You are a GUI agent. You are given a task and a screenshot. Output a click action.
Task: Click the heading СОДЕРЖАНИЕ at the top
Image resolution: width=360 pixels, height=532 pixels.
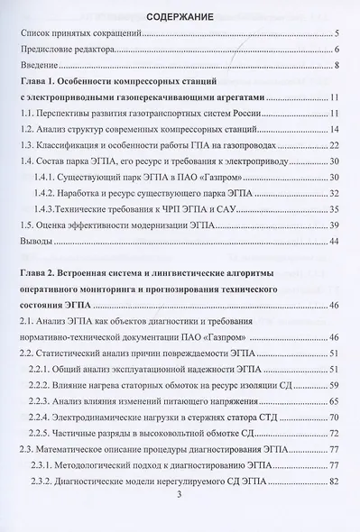(180, 16)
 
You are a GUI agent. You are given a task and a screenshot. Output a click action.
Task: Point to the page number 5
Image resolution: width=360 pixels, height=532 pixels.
(335, 33)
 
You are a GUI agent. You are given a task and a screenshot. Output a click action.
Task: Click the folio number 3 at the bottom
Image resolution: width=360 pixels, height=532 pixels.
(180, 494)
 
